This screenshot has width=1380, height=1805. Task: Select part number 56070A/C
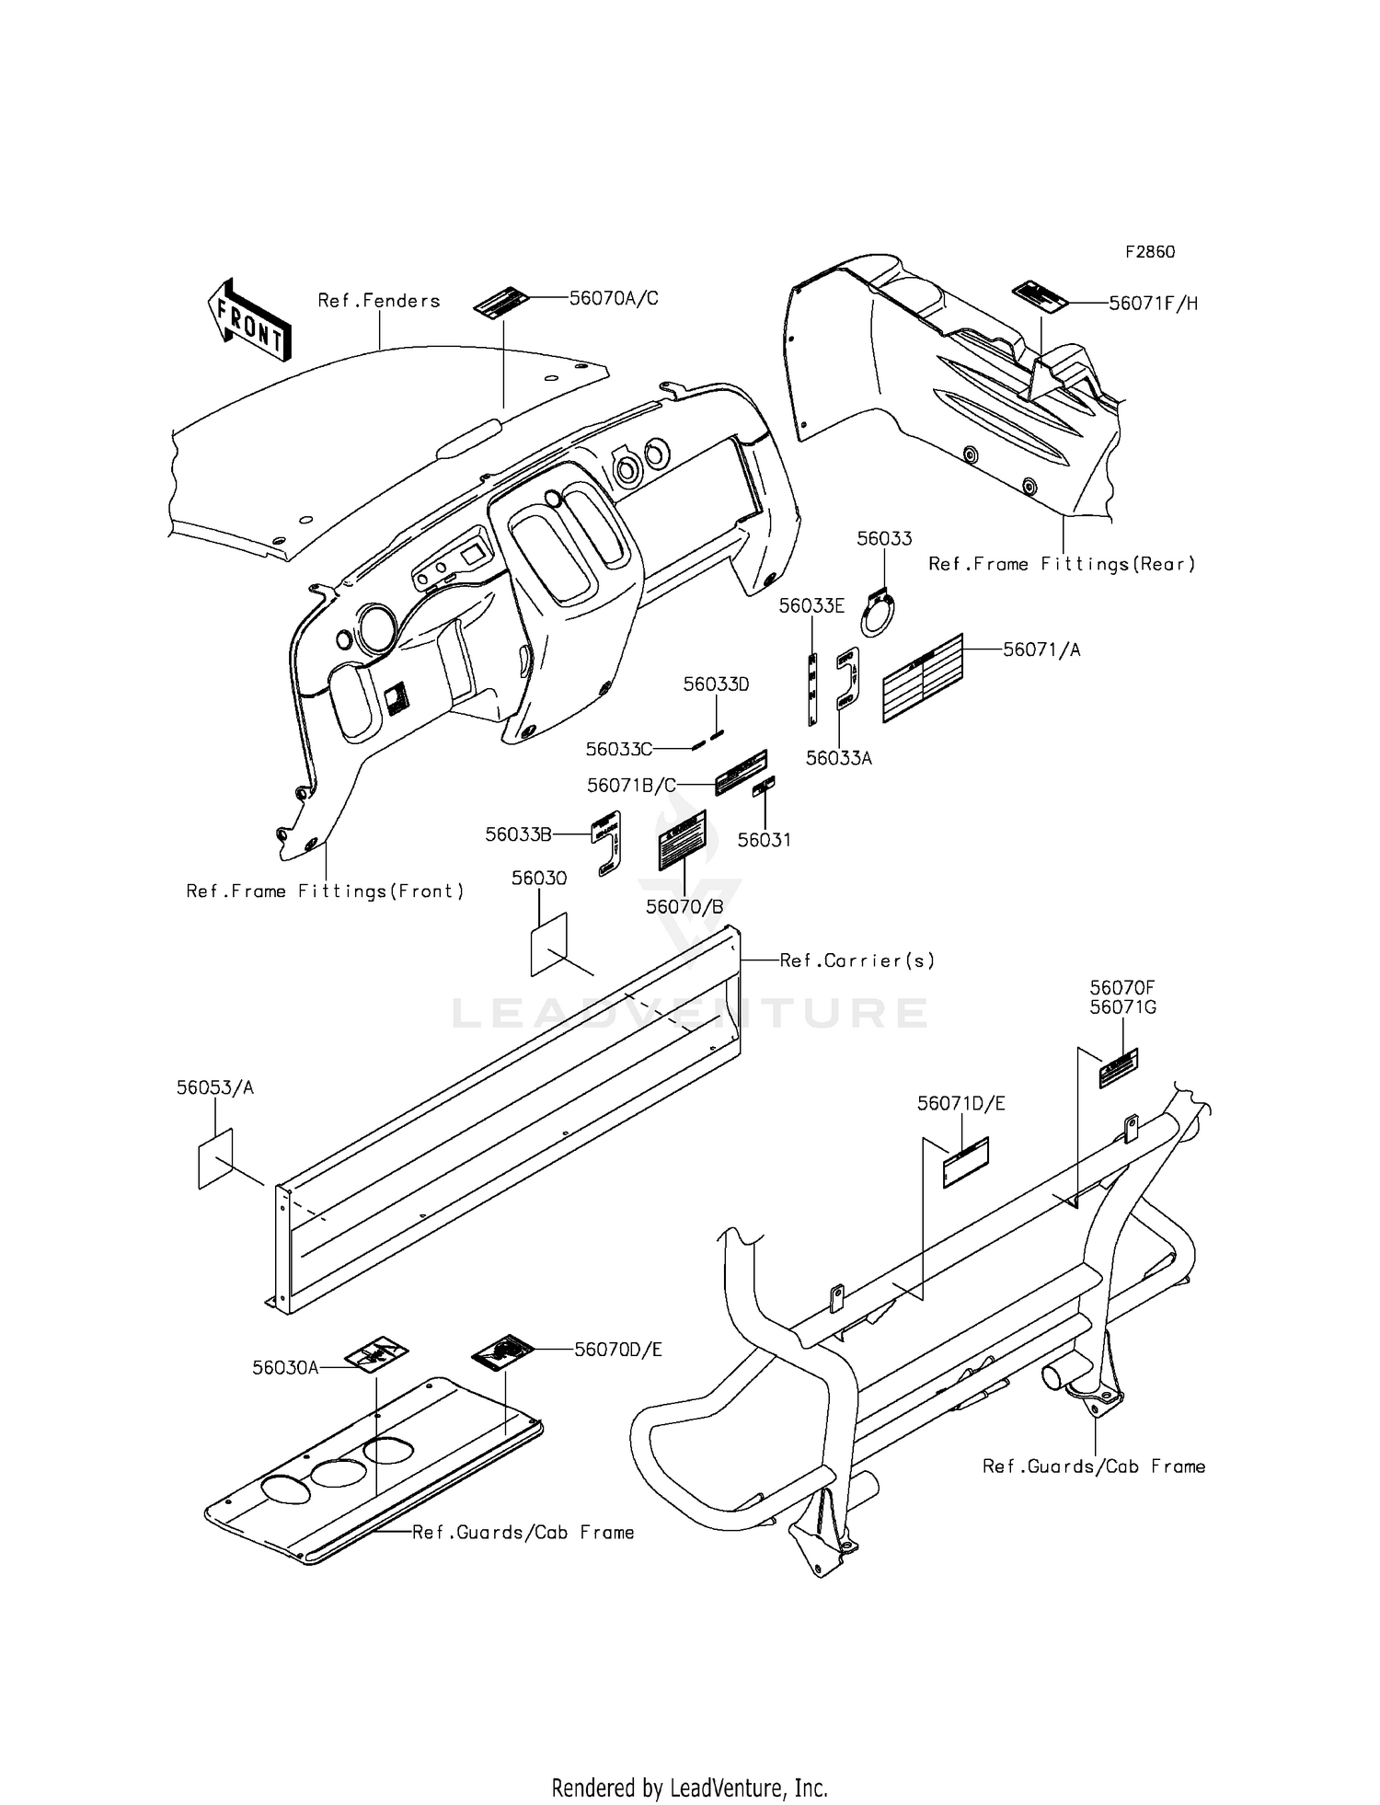pyautogui.click(x=614, y=298)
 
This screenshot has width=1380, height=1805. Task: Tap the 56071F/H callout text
pyautogui.click(x=1153, y=304)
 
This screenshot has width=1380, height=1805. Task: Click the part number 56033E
pyautogui.click(x=811, y=605)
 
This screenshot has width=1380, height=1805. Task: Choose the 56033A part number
pyautogui.click(x=838, y=758)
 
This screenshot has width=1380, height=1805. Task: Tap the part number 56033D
pyautogui.click(x=716, y=684)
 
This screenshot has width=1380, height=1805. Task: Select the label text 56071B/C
pyautogui.click(x=631, y=786)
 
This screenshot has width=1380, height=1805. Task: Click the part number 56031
pyautogui.click(x=764, y=840)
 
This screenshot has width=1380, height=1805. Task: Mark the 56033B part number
pyautogui.click(x=519, y=834)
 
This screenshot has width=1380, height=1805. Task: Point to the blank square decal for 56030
pyautogui.click(x=549, y=943)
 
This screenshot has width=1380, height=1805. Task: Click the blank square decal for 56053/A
pyautogui.click(x=216, y=1157)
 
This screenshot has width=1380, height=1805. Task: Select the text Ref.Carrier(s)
pyautogui.click(x=857, y=960)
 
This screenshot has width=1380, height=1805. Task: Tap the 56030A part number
pyautogui.click(x=285, y=1368)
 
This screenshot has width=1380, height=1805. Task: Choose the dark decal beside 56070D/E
pyautogui.click(x=502, y=1351)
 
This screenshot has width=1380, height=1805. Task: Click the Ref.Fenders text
pyautogui.click(x=379, y=301)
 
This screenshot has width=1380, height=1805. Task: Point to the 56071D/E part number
pyautogui.click(x=960, y=1103)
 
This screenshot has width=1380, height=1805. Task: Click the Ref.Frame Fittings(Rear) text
pyautogui.click(x=1062, y=564)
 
